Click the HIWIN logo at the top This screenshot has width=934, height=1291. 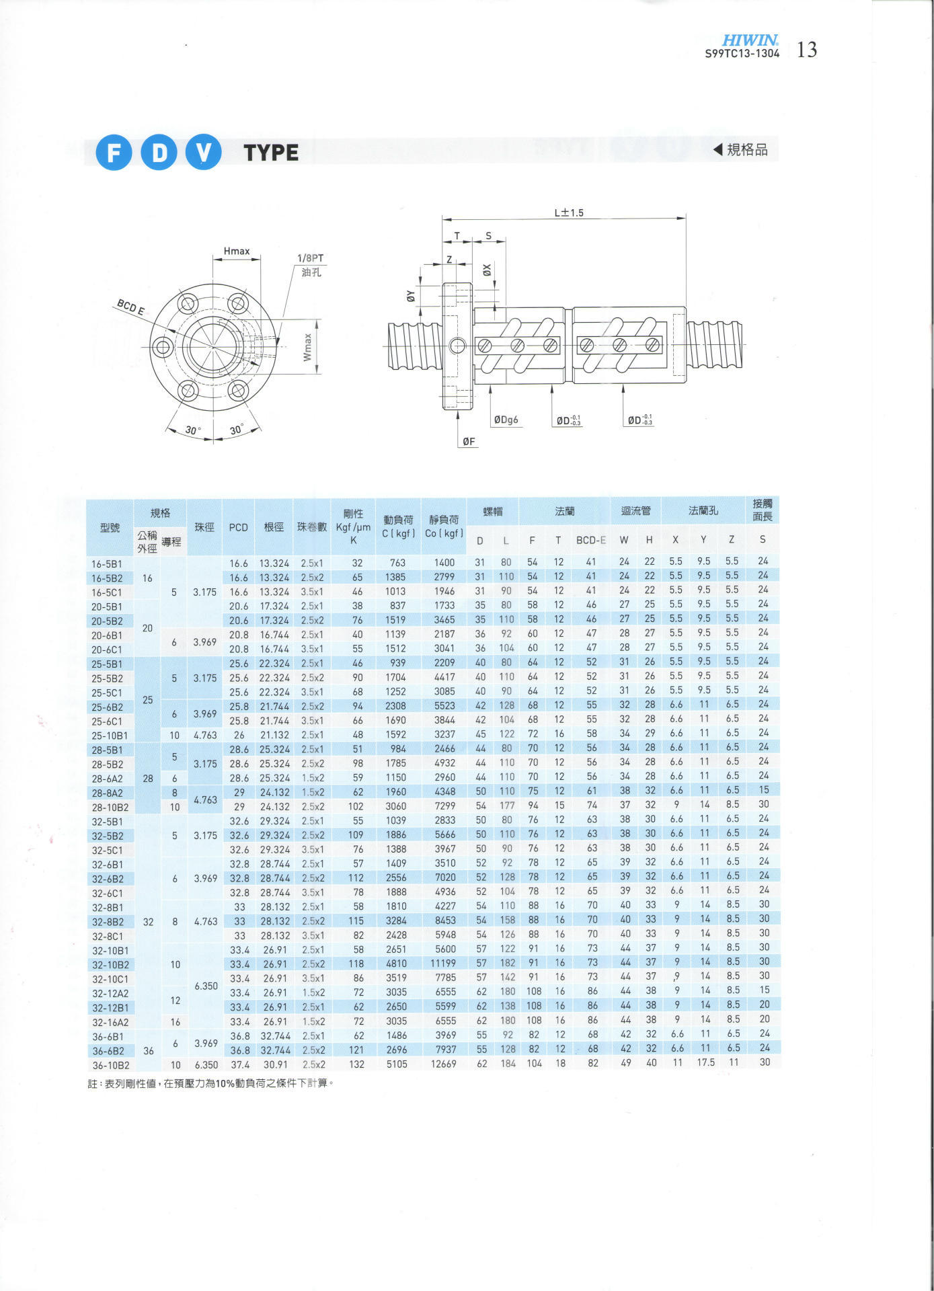(750, 40)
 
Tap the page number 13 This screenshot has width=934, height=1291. (806, 50)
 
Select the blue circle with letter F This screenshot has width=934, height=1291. (114, 153)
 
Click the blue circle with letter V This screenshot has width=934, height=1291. (204, 153)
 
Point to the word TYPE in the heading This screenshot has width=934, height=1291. (272, 153)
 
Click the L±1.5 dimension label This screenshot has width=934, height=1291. (569, 212)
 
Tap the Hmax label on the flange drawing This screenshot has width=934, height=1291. (237, 251)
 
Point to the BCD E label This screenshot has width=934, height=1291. (130, 307)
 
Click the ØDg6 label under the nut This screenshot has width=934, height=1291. (506, 420)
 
